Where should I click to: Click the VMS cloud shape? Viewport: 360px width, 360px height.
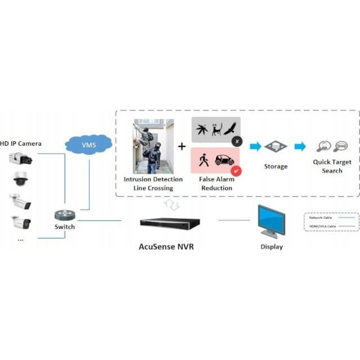(x=88, y=145)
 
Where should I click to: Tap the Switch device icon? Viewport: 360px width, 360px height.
(x=65, y=215)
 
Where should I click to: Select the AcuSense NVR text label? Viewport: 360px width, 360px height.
(x=166, y=247)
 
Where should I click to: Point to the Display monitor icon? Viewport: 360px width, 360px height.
(x=271, y=220)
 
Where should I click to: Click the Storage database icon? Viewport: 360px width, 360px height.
(x=275, y=147)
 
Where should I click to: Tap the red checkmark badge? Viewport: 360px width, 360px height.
(x=236, y=171)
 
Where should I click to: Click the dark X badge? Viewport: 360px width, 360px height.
(x=237, y=142)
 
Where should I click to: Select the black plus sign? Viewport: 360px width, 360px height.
(x=182, y=146)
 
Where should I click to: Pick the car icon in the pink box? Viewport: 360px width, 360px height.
(x=224, y=160)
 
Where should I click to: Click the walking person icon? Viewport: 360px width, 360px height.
(x=204, y=160)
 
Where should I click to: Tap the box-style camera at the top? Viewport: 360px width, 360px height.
(x=20, y=158)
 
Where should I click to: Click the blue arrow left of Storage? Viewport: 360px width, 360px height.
(x=256, y=147)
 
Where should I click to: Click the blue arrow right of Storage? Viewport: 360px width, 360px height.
(x=300, y=147)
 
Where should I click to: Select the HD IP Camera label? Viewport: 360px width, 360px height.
(x=21, y=144)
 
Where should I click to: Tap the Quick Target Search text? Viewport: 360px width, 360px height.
(x=332, y=166)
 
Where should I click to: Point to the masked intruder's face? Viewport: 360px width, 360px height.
(x=157, y=147)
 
